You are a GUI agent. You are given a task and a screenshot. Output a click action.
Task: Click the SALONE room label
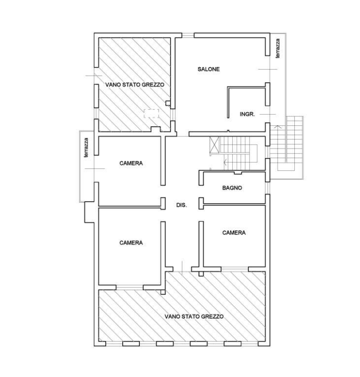point(209,69)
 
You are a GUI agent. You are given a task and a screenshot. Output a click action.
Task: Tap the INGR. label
point(247,114)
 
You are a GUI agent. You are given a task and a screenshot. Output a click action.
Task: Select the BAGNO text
point(232,188)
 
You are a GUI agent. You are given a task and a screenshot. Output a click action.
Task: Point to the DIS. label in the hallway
point(181,205)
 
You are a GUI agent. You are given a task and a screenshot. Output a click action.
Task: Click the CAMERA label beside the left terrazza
point(131,163)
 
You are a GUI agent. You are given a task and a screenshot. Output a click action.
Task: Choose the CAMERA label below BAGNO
point(234,232)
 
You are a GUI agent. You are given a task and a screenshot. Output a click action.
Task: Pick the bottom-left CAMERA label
point(131,243)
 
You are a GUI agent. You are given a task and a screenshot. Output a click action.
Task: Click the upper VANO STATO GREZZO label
point(135,84)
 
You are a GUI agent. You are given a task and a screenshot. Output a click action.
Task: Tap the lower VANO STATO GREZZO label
point(194,316)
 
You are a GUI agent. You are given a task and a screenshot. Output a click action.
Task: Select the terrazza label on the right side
point(278,49)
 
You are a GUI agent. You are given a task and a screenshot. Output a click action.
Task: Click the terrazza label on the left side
point(86,148)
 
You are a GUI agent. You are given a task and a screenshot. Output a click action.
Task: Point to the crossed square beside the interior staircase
point(215,145)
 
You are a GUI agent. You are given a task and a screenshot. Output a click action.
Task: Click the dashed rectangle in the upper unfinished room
point(151,114)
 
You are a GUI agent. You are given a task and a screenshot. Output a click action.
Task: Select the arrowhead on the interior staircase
point(225,162)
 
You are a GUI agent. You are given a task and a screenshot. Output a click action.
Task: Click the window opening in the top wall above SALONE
point(188,35)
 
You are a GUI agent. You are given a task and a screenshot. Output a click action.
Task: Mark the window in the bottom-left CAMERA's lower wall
point(130,288)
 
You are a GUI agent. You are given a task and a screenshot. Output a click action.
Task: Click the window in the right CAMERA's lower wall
point(235,269)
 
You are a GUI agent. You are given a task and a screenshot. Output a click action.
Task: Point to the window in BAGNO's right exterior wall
point(268,188)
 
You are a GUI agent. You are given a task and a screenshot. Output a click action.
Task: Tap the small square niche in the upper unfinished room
point(168,103)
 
